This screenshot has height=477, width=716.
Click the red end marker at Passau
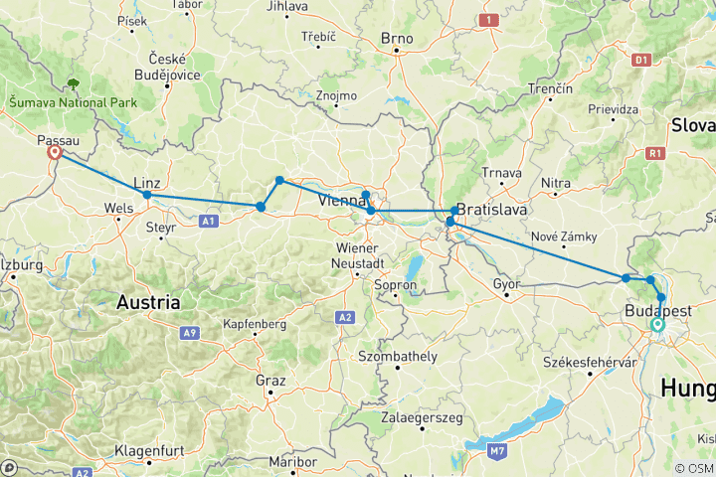coord(56,153)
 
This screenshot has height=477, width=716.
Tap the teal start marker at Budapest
coord(657,324)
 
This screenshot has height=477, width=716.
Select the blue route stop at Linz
coord(147,195)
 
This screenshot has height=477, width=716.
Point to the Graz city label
coord(270,381)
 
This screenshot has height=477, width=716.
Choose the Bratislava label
coord(492,211)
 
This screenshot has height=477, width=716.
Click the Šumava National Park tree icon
coord(73,85)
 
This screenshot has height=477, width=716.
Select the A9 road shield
coord(188,334)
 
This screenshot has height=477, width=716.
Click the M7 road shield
coord(497,451)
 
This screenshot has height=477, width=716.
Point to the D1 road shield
coord(641,60)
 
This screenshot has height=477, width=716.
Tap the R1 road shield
coord(654,153)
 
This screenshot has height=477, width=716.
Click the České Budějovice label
coord(175,68)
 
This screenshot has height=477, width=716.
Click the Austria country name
coord(148,300)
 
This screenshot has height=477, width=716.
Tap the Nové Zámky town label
coord(564,236)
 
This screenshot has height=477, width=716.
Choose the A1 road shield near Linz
coord(210,222)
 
